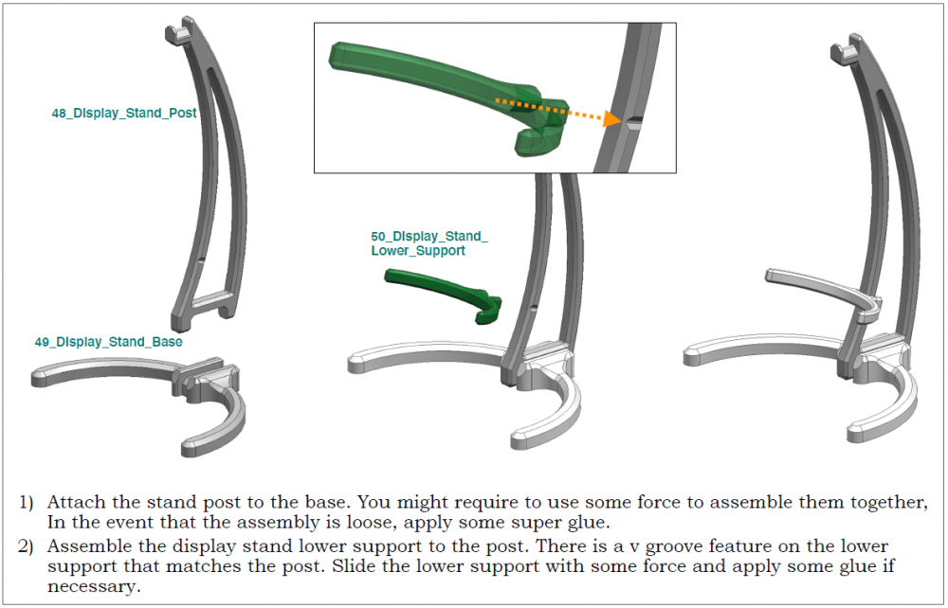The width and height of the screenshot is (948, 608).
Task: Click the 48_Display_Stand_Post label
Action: (x=124, y=114)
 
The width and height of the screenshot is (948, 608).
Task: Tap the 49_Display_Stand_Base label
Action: (x=109, y=342)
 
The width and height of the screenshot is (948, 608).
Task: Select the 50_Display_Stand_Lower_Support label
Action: (x=429, y=243)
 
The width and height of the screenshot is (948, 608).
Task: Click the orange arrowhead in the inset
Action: (x=611, y=118)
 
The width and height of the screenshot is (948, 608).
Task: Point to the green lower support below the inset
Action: (x=444, y=295)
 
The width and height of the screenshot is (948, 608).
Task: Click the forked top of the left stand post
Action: (x=181, y=30)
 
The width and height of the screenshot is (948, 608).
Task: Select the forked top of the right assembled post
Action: (x=847, y=47)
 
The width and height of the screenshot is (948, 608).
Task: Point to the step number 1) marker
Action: (x=26, y=502)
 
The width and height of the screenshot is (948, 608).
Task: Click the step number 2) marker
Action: (x=26, y=546)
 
